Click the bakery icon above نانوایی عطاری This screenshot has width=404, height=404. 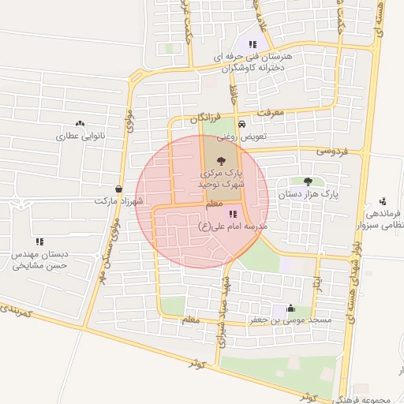click(x=80, y=124)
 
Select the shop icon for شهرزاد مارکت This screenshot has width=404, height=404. click(x=118, y=189)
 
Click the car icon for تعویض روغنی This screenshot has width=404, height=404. click(x=241, y=125)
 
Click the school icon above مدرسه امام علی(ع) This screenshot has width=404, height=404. click(x=233, y=214)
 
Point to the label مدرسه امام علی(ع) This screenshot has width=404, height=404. click(x=233, y=226)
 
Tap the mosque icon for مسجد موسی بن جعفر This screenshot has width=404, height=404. click(x=291, y=309)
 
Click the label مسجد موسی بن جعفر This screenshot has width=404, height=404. click(x=299, y=321)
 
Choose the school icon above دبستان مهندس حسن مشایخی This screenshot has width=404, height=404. click(x=39, y=241)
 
